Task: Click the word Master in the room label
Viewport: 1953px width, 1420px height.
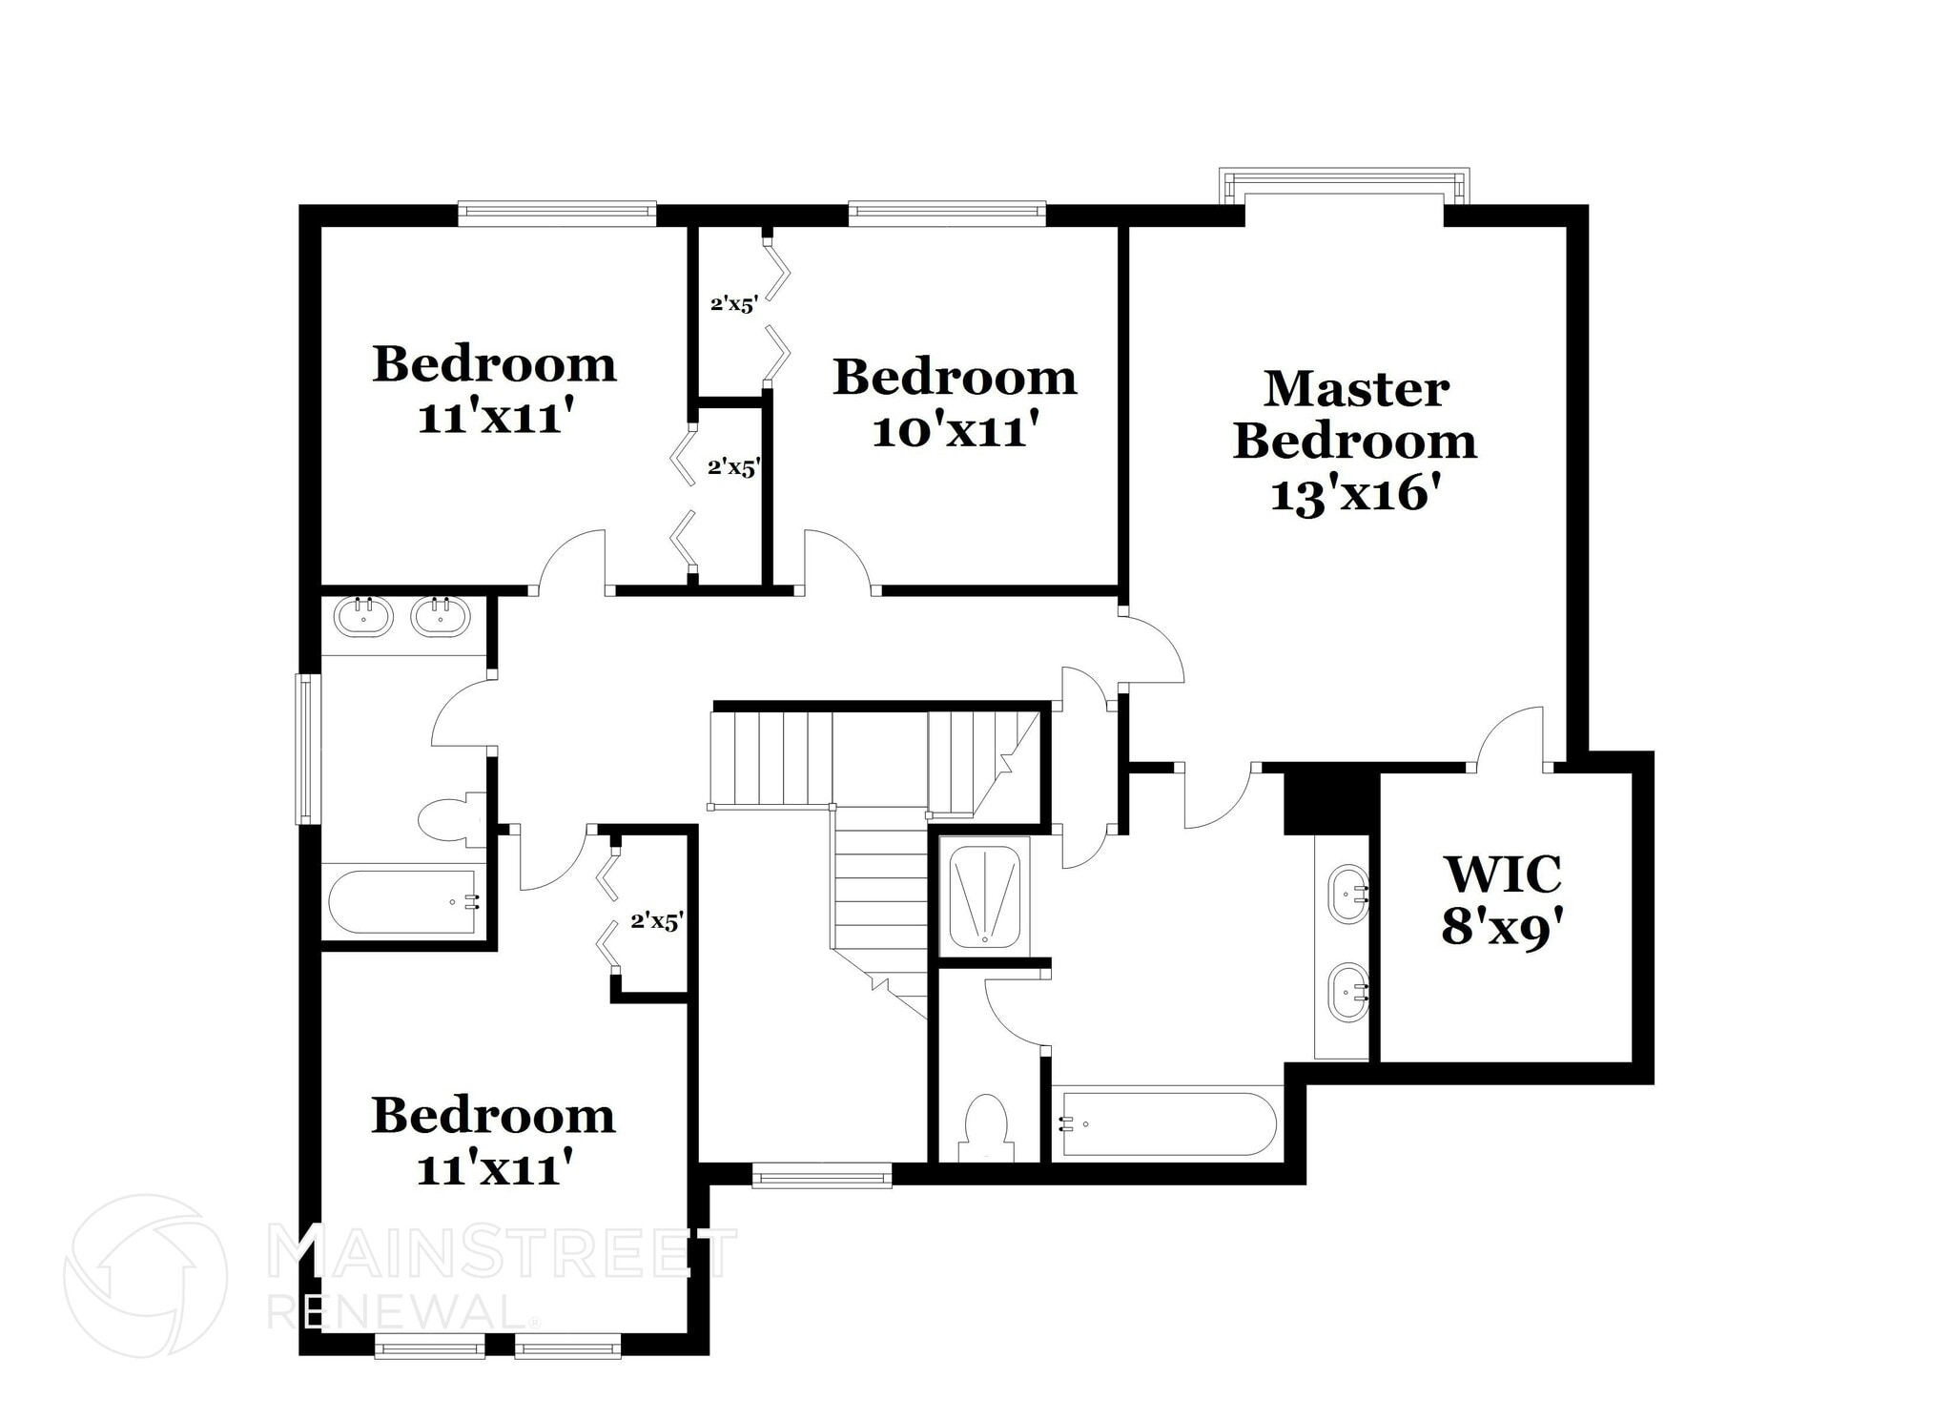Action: [1356, 389]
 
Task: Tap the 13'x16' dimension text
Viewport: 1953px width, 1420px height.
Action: [1354, 495]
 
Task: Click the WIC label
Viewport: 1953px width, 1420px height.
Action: [1503, 874]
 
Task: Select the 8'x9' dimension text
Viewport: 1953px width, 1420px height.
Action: [1505, 926]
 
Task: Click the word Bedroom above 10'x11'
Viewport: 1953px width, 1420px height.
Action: [955, 378]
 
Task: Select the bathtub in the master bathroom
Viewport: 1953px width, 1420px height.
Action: [1169, 1124]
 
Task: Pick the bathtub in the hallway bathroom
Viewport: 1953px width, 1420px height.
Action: [403, 901]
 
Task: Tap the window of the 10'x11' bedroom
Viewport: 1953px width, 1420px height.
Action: [946, 213]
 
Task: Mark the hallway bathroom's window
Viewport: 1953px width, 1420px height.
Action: [307, 748]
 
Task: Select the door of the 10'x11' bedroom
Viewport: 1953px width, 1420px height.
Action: [837, 563]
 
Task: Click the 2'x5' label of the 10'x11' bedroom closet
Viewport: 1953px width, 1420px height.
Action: [733, 305]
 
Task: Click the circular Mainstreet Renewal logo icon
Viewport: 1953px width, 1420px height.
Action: [145, 1275]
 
